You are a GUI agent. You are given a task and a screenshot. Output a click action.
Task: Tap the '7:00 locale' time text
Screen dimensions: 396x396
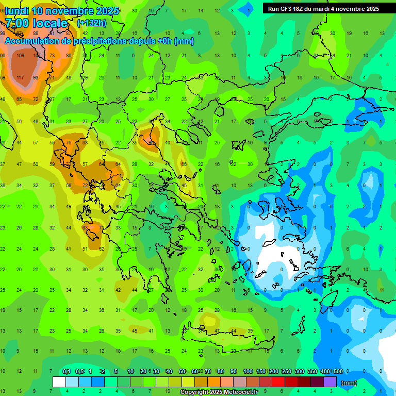click(36, 23)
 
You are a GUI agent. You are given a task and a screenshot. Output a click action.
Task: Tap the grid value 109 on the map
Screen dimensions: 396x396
click(21, 56)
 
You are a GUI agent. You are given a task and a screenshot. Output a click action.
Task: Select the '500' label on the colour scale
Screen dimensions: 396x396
click(338, 371)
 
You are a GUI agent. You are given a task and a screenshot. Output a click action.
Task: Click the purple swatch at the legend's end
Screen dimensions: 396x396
click(330, 382)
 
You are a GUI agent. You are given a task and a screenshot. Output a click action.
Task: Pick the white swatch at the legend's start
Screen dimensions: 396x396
click(59, 382)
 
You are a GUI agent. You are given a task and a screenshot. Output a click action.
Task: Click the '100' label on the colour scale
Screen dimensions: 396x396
click(247, 371)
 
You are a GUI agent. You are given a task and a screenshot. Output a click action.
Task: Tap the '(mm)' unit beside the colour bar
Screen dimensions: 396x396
click(349, 383)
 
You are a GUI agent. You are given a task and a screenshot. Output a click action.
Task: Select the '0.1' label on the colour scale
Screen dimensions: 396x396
click(66, 371)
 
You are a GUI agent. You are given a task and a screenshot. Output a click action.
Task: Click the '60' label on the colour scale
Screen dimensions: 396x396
click(195, 371)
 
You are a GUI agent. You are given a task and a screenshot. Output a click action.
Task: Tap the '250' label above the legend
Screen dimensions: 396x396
click(286, 371)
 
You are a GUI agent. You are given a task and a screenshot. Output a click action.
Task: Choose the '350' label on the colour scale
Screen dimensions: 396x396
click(312, 371)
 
